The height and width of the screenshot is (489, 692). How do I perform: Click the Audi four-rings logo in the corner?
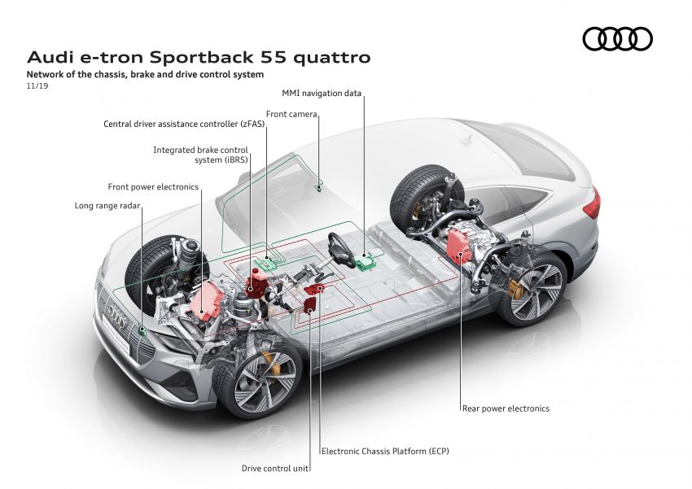click(617, 38)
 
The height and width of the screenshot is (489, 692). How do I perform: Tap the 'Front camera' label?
click(291, 115)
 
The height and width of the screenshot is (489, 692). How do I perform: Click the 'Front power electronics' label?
click(153, 187)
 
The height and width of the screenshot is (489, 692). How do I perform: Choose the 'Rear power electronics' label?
click(506, 408)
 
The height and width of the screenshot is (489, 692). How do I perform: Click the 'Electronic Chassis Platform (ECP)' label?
click(385, 451)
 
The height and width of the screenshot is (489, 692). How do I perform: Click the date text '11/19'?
click(37, 85)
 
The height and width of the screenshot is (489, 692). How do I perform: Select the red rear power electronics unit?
click(460, 245)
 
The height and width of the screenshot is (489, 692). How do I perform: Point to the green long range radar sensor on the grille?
click(142, 330)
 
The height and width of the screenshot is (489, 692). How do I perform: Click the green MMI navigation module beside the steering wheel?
click(365, 260)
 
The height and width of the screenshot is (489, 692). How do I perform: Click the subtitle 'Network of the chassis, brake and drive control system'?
click(146, 74)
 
